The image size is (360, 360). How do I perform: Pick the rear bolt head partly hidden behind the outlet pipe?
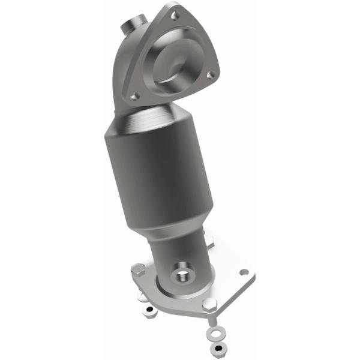209,242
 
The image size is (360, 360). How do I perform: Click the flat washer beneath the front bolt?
213,331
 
